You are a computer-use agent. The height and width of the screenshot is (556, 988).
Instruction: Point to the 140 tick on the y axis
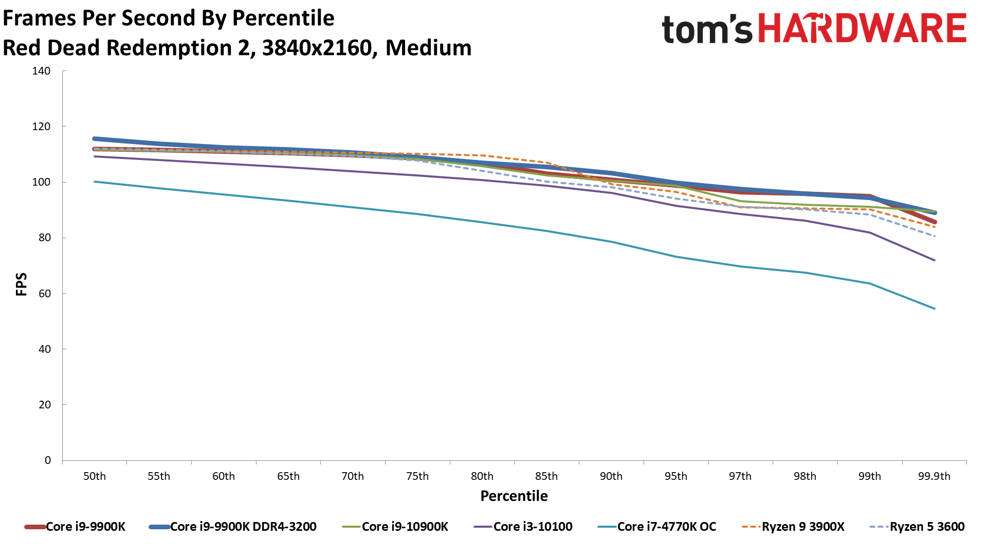[41, 71]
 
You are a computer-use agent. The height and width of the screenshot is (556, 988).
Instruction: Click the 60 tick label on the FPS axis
[44, 294]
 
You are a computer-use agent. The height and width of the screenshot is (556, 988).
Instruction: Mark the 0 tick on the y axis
[48, 460]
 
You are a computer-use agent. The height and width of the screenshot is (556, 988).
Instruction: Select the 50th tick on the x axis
[95, 476]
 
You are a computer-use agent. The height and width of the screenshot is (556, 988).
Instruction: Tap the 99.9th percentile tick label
[934, 476]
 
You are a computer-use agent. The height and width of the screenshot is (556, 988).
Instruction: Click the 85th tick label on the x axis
[546, 476]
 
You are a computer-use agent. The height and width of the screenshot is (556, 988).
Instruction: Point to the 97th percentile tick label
[740, 476]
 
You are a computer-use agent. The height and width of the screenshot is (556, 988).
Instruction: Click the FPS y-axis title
[21, 284]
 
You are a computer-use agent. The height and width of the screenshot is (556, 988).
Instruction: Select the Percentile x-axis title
[514, 496]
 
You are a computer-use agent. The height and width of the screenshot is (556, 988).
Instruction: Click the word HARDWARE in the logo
[863, 29]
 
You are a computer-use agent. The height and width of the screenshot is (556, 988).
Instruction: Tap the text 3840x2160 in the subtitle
[317, 48]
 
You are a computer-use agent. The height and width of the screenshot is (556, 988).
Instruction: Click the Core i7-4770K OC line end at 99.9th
[935, 309]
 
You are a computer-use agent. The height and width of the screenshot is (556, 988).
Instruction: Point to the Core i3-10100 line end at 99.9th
[935, 260]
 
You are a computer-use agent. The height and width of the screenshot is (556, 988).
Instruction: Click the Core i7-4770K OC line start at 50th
[95, 182]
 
